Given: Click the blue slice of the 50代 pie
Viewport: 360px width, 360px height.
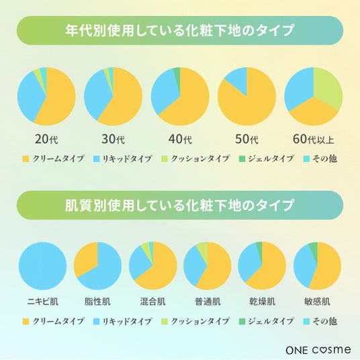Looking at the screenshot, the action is point(238,81).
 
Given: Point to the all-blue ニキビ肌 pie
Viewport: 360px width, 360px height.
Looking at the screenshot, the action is point(43,266).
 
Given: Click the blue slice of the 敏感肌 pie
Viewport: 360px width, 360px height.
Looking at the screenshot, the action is point(303,267).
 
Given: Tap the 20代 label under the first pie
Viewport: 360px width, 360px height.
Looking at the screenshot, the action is point(46,139).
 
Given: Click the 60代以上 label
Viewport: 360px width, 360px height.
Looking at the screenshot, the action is point(313,139).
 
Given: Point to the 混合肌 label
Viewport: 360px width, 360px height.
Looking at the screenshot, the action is point(152,302).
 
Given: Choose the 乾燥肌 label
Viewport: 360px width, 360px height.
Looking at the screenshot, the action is point(262,302).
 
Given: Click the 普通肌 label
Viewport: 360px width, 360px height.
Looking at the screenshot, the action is point(208,302).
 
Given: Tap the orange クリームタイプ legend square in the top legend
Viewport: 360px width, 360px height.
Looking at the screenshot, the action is point(26,159).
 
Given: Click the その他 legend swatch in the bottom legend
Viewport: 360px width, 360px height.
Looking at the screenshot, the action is point(306,321).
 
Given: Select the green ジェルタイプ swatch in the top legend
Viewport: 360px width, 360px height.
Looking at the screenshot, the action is point(242,159).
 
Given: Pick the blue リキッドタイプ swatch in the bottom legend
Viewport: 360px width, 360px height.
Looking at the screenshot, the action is point(97,321).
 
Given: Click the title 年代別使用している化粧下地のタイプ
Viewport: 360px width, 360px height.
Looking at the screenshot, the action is point(179,30).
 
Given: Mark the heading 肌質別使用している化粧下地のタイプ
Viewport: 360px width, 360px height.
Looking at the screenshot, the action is point(179,205).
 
